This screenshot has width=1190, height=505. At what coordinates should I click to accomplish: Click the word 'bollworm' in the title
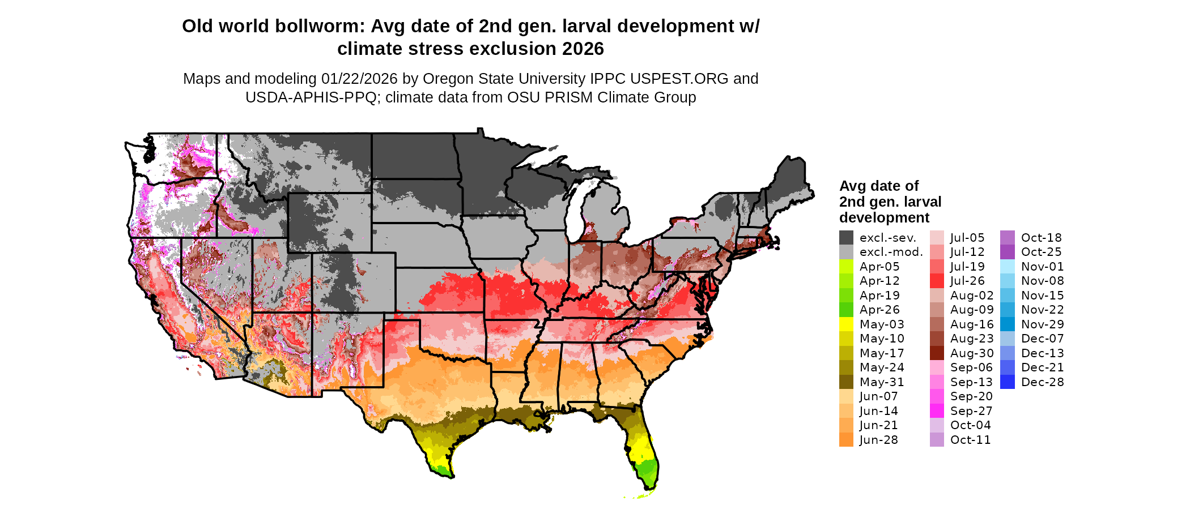(319, 27)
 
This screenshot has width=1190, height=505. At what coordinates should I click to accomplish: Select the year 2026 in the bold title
(583, 49)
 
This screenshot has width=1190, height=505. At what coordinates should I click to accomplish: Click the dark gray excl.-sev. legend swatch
(846, 238)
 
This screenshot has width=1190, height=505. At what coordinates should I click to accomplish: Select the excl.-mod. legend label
(891, 252)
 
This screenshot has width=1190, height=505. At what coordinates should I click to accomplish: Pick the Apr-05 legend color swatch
(846, 267)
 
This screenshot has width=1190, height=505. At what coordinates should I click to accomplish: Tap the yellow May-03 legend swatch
(846, 324)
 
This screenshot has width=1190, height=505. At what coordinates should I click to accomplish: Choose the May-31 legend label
(882, 382)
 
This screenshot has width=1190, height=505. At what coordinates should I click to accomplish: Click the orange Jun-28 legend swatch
(846, 440)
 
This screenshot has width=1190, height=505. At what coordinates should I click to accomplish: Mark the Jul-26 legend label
(967, 281)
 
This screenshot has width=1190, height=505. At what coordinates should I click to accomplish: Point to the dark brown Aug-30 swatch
(937, 353)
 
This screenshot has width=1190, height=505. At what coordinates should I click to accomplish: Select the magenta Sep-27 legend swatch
(937, 411)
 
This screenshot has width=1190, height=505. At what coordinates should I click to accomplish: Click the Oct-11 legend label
(970, 440)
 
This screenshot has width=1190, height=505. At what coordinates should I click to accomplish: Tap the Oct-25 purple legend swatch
(1008, 252)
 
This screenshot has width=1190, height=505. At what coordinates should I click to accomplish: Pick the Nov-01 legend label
(1042, 267)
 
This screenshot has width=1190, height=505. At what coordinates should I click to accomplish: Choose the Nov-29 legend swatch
(1008, 324)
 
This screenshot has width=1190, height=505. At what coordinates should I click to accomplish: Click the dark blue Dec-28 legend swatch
(1008, 382)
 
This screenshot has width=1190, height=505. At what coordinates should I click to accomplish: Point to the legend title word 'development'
(884, 218)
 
